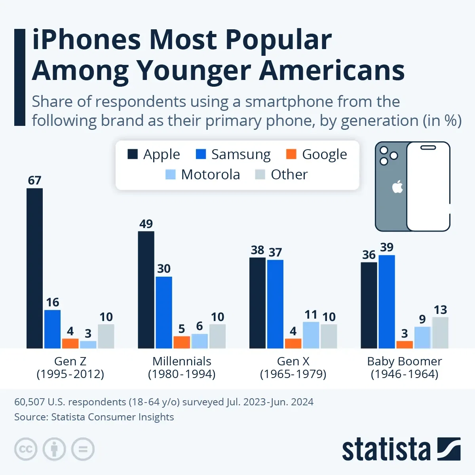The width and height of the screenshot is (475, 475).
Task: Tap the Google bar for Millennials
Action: point(182,342)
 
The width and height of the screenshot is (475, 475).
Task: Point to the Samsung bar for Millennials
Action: point(164,312)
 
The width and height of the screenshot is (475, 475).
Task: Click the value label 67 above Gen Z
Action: point(34,180)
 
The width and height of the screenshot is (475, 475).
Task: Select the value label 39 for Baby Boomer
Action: point(387,247)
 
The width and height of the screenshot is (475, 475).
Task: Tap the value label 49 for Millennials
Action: point(146,224)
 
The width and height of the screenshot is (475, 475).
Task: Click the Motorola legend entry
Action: point(203,175)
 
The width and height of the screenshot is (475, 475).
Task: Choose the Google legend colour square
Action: point(291,154)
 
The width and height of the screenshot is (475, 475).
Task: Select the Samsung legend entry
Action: point(233,154)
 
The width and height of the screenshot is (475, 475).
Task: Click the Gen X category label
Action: point(293,367)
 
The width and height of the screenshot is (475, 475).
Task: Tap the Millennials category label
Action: point(182,367)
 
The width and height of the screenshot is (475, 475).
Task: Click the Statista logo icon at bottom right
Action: point(449,449)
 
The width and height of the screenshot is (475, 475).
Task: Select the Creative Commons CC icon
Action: point(26,449)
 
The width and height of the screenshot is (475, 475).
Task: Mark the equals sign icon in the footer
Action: point(83,449)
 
